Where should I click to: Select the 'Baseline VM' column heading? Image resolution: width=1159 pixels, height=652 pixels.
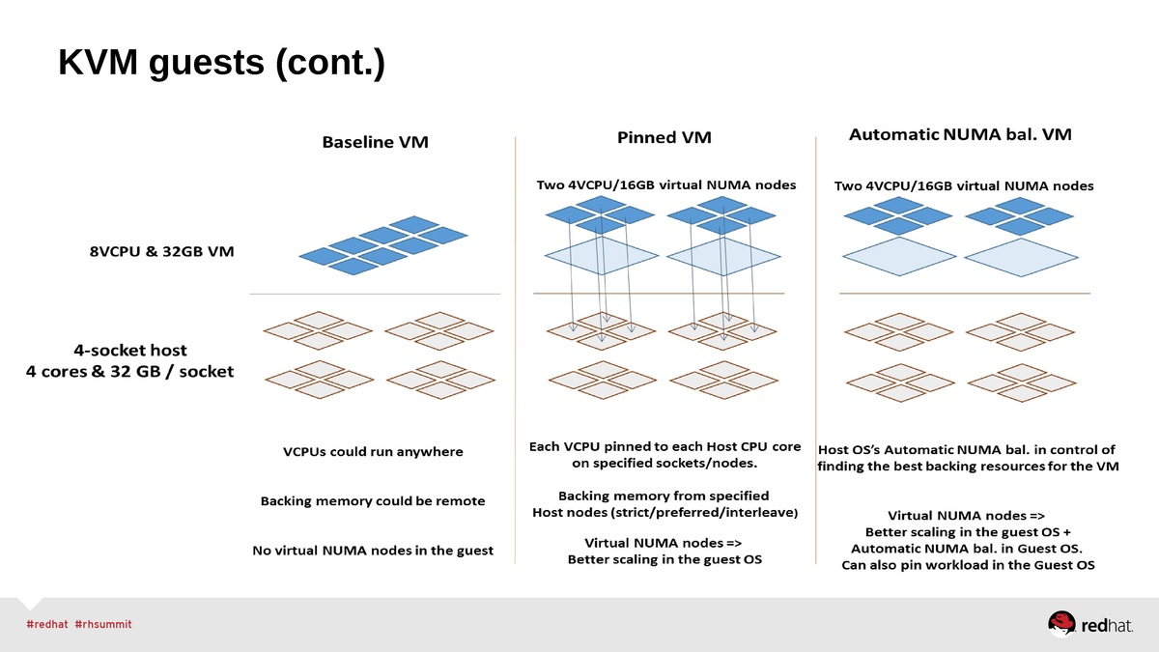point(375,142)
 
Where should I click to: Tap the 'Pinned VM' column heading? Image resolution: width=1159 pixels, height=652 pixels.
point(664,137)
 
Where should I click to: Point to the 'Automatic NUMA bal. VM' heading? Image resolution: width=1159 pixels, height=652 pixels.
point(960,135)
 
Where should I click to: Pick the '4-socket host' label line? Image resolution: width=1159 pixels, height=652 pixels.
point(130,350)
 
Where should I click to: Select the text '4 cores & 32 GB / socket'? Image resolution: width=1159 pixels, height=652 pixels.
point(129,371)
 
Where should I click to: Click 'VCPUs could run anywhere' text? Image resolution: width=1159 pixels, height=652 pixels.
point(373,451)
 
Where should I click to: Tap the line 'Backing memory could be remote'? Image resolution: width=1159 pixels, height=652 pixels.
point(373,501)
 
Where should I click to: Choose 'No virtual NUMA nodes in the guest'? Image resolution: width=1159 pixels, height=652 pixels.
point(373,551)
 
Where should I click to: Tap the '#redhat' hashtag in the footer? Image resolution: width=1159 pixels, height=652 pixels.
point(46,624)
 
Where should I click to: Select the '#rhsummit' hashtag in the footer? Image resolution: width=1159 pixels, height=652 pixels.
point(102,624)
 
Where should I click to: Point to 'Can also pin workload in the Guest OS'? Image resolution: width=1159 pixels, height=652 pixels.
point(969,565)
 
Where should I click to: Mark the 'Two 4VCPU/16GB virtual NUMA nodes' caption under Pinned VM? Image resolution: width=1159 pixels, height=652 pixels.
point(666,184)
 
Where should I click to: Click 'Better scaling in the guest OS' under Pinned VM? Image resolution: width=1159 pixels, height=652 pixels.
point(664,559)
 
